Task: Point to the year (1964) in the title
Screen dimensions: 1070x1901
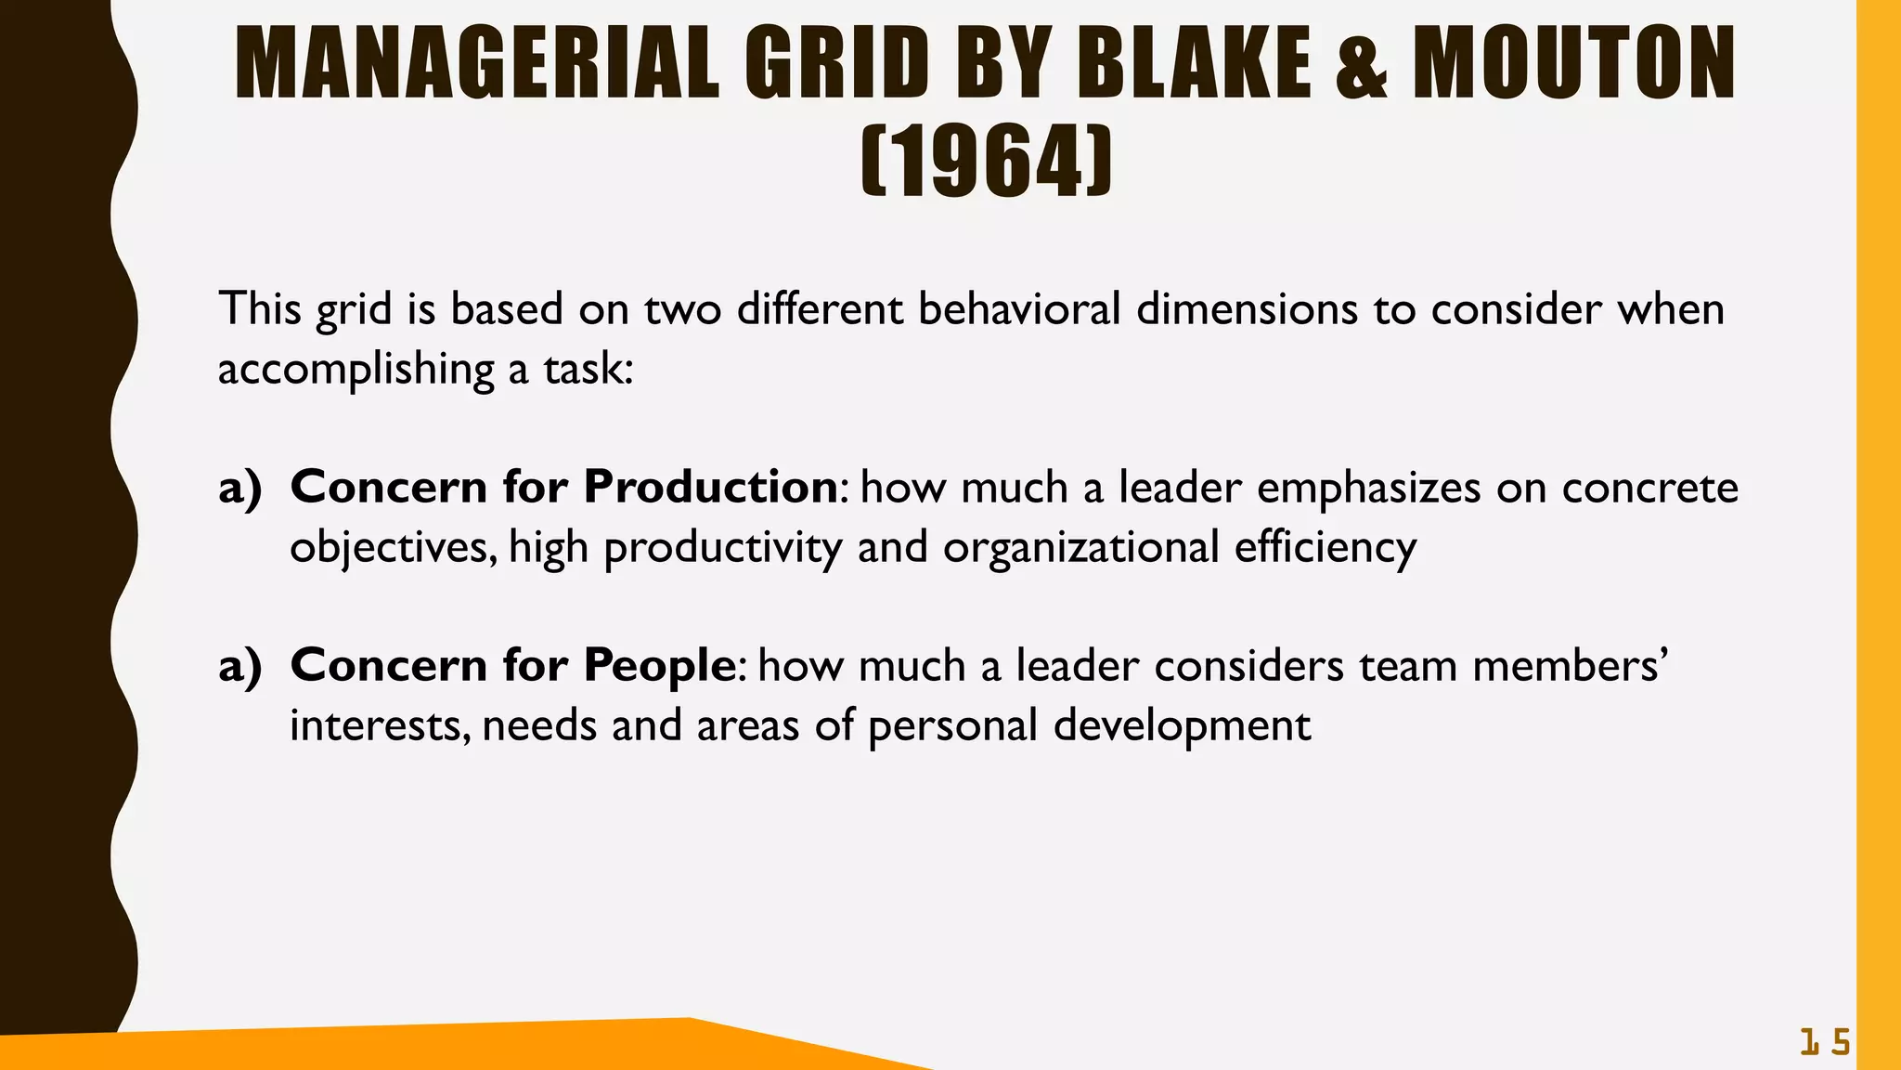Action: tap(987, 163)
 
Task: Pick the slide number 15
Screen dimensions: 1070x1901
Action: tap(1825, 1043)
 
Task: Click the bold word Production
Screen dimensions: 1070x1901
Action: tap(711, 487)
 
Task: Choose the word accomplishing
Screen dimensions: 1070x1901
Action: tap(356, 370)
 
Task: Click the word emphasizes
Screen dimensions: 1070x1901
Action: tap(1368, 489)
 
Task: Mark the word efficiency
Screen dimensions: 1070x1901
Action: tap(1326, 548)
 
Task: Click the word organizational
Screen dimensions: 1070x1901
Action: tap(1080, 548)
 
